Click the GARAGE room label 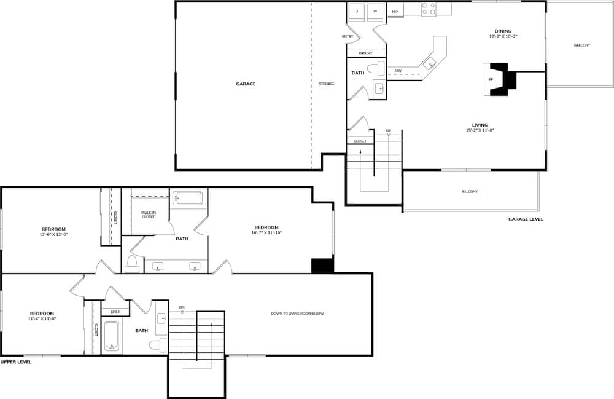click(x=246, y=84)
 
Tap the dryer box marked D click(x=357, y=12)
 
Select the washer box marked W click(x=375, y=12)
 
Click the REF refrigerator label click(x=395, y=12)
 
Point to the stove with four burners click(x=429, y=9)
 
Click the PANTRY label click(x=365, y=53)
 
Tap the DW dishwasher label click(x=398, y=71)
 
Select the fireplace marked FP click(x=491, y=79)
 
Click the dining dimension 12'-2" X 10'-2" click(x=503, y=36)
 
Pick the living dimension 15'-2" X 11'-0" click(x=480, y=130)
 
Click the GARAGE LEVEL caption click(x=526, y=219)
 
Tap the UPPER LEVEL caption click(x=16, y=362)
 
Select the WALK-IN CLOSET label click(x=148, y=215)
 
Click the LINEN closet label click(x=115, y=312)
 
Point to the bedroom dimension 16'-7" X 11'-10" click(x=266, y=233)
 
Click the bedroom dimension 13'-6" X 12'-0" click(x=53, y=234)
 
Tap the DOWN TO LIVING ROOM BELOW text click(x=297, y=314)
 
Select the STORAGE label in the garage click(x=327, y=84)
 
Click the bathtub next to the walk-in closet click(x=187, y=198)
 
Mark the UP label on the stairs click(x=388, y=131)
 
